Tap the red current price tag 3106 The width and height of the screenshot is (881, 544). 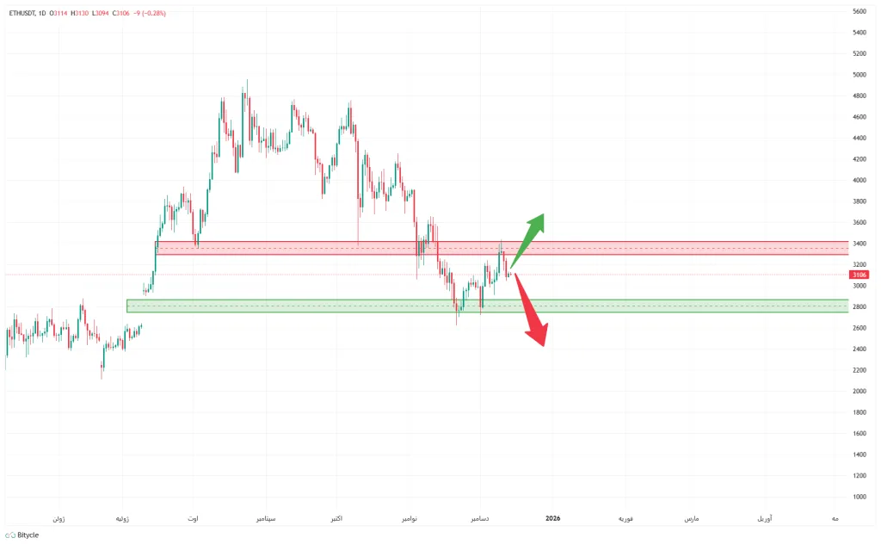click(x=859, y=275)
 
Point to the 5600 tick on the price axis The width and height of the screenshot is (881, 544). click(x=858, y=12)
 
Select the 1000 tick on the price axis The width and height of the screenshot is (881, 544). click(x=858, y=497)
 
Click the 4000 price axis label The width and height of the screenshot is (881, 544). click(x=858, y=181)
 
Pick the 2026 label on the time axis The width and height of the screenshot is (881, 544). click(x=553, y=519)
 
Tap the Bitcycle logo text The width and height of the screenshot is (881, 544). click(x=27, y=535)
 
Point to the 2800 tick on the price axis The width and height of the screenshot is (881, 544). click(x=858, y=307)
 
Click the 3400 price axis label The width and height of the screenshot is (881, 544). click(x=858, y=244)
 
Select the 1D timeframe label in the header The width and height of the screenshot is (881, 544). click(x=42, y=13)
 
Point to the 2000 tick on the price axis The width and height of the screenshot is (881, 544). click(x=858, y=392)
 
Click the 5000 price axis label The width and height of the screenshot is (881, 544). click(x=858, y=75)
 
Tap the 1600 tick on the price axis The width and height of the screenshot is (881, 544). click(x=858, y=434)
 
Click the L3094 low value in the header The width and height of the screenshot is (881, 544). click(x=102, y=13)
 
